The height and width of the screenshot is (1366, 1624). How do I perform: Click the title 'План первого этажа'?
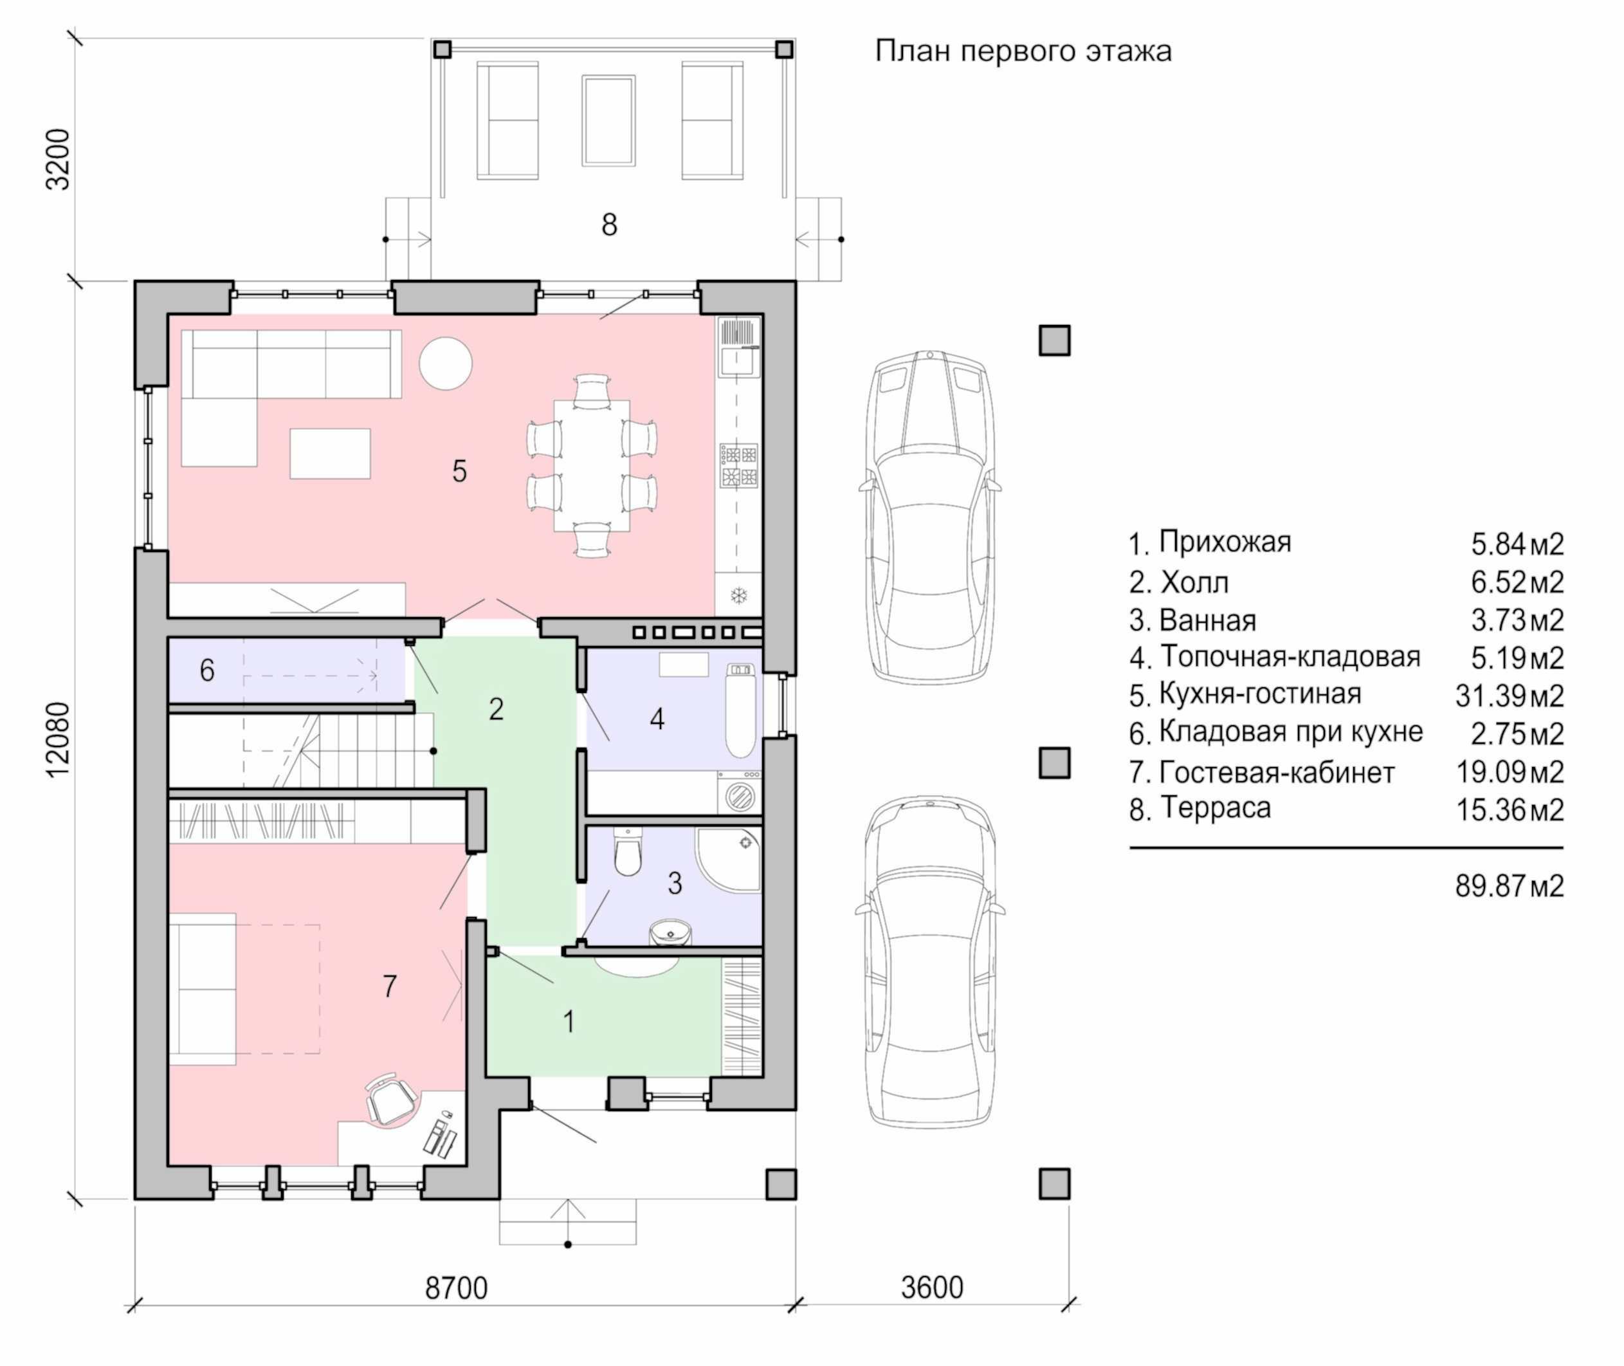(x=1023, y=51)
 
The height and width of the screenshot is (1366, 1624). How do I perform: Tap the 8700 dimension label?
(x=456, y=1288)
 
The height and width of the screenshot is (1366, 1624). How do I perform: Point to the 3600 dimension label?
(x=932, y=1287)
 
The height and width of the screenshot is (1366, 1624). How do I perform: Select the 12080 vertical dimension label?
(x=58, y=739)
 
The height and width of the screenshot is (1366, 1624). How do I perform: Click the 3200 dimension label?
(x=58, y=159)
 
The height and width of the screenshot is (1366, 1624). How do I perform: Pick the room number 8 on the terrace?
(x=609, y=225)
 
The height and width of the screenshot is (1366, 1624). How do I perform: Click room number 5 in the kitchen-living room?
(x=459, y=471)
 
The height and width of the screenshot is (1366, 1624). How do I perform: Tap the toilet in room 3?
(x=627, y=852)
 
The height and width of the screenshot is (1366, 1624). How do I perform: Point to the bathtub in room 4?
(x=740, y=709)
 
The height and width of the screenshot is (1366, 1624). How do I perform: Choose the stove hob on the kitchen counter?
(x=738, y=465)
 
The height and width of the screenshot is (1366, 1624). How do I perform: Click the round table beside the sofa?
(x=445, y=363)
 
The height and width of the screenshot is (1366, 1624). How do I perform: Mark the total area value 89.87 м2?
(x=1509, y=886)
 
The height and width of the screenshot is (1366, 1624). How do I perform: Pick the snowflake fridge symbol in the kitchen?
(x=739, y=596)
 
